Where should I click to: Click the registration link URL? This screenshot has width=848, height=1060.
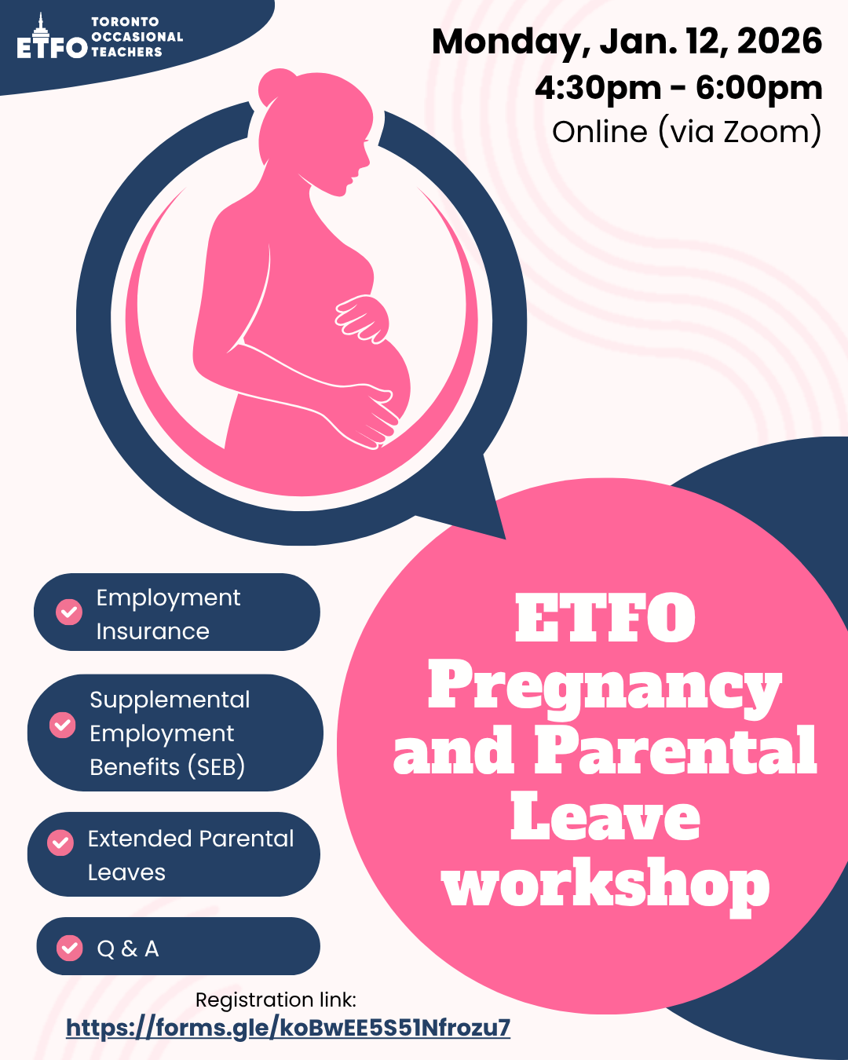pyautogui.click(x=288, y=1028)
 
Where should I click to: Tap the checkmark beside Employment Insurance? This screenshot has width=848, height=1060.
pyautogui.click(x=69, y=612)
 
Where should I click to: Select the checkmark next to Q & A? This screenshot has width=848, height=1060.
pyautogui.click(x=70, y=948)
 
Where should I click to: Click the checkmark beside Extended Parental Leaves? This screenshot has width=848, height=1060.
pyautogui.click(x=60, y=843)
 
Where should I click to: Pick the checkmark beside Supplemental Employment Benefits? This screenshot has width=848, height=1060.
pyautogui.click(x=63, y=725)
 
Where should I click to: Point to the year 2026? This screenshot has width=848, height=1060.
pyautogui.click(x=779, y=41)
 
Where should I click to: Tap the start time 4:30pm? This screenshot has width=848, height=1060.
pyautogui.click(x=598, y=88)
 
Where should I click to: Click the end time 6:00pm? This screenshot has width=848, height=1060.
pyautogui.click(x=758, y=88)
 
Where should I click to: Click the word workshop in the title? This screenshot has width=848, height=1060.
pyautogui.click(x=605, y=886)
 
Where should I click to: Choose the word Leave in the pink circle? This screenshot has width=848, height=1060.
pyautogui.click(x=605, y=818)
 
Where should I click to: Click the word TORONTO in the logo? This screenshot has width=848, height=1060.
pyautogui.click(x=125, y=22)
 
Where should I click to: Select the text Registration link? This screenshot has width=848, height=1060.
pyautogui.click(x=276, y=1000)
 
